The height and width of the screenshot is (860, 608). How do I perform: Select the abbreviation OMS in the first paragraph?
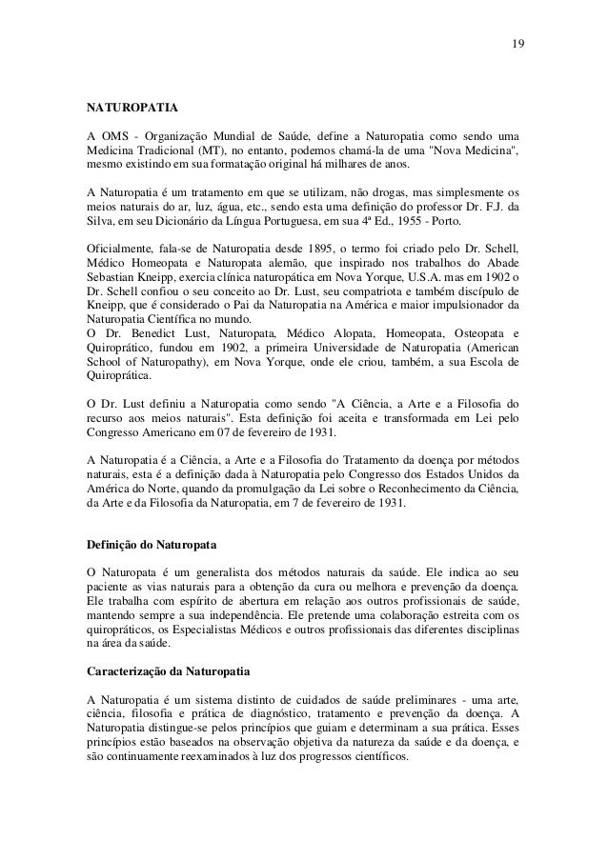tap(114, 132)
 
